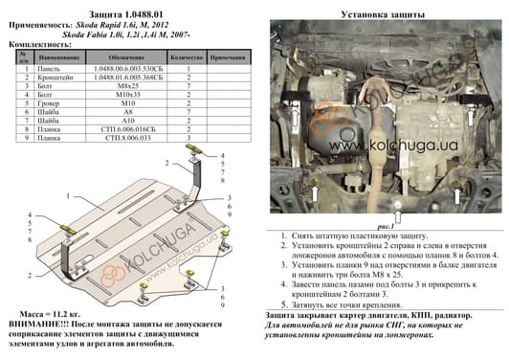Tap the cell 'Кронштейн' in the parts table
point(56,78)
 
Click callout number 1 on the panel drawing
point(70,194)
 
